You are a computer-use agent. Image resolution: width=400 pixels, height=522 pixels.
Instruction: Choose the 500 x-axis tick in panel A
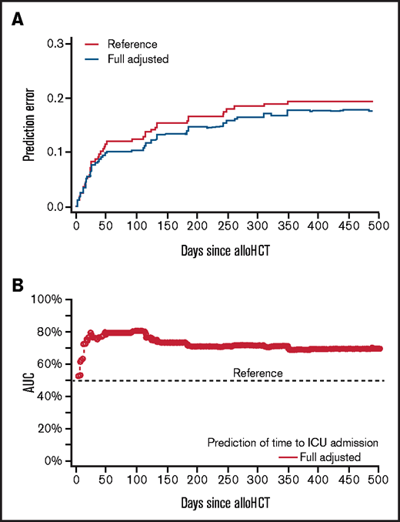377,224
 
